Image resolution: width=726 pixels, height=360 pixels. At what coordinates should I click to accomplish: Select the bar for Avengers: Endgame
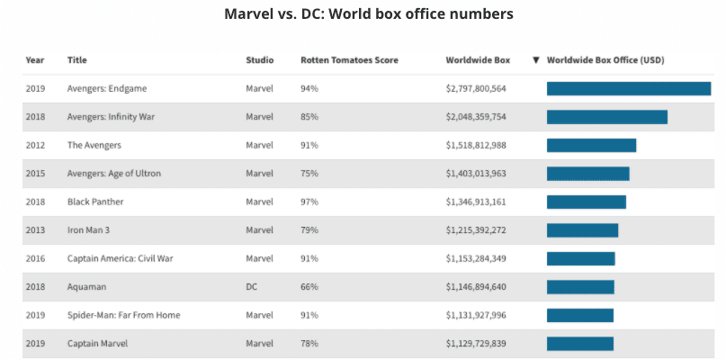click(628, 88)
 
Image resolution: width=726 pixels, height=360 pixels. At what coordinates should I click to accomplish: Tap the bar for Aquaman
click(580, 287)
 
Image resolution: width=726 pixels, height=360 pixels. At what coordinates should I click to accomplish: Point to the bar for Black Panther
click(586, 202)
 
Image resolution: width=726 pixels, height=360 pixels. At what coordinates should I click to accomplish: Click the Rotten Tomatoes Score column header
click(349, 60)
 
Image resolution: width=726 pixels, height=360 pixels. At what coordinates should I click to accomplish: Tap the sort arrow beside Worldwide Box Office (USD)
click(536, 60)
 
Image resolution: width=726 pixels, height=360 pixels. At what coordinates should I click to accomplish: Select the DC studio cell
click(252, 287)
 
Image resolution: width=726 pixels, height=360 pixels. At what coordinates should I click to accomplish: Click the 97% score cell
click(309, 202)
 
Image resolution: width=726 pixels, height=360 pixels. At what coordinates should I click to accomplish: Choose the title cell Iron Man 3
click(88, 230)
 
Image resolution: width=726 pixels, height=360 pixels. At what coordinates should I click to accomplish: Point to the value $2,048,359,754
click(476, 117)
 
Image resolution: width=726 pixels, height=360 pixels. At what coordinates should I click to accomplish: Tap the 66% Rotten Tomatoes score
click(309, 287)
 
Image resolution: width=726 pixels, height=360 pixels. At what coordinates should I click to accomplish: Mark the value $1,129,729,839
click(476, 343)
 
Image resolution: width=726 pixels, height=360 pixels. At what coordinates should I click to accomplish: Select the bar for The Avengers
click(591, 145)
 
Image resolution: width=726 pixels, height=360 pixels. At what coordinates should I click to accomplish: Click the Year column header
click(35, 60)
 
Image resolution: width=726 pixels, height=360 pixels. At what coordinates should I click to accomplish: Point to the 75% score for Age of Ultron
click(309, 174)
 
